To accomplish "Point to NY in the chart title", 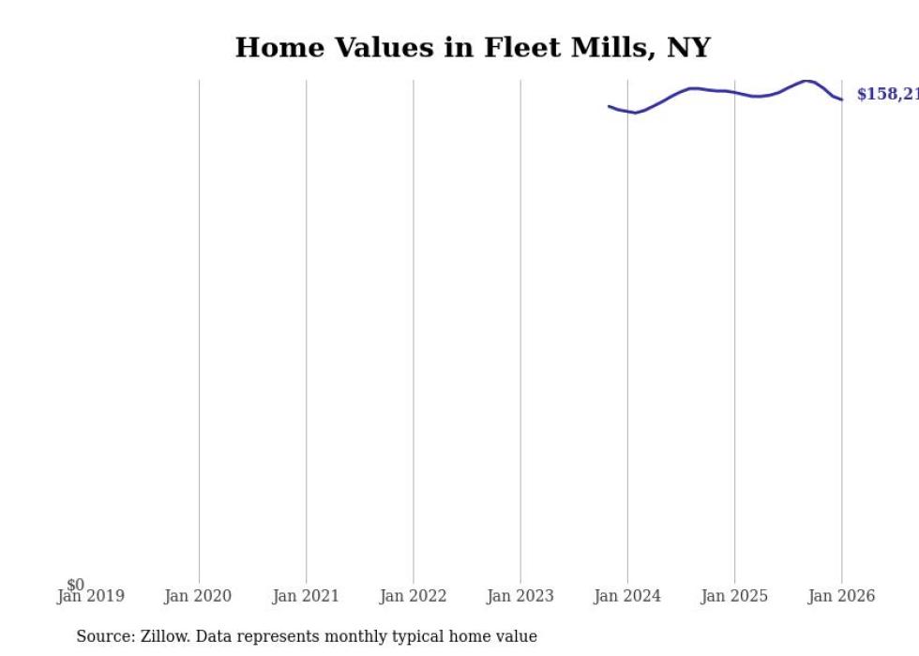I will (689, 48).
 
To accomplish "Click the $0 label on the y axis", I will (75, 586).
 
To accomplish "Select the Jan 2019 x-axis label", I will (90, 596).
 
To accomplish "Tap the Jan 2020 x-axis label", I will (198, 596).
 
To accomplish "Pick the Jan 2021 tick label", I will (306, 596).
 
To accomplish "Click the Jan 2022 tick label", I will (413, 596).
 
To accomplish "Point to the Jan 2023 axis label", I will (520, 596).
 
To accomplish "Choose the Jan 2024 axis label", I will (627, 596).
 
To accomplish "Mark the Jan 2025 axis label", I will (734, 596).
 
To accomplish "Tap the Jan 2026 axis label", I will (841, 596).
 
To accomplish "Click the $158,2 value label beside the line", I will (886, 95).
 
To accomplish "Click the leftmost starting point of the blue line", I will (610, 106).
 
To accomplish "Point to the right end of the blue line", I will (841, 99).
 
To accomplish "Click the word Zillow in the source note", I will (166, 636).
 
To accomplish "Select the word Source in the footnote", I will (105, 636).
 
